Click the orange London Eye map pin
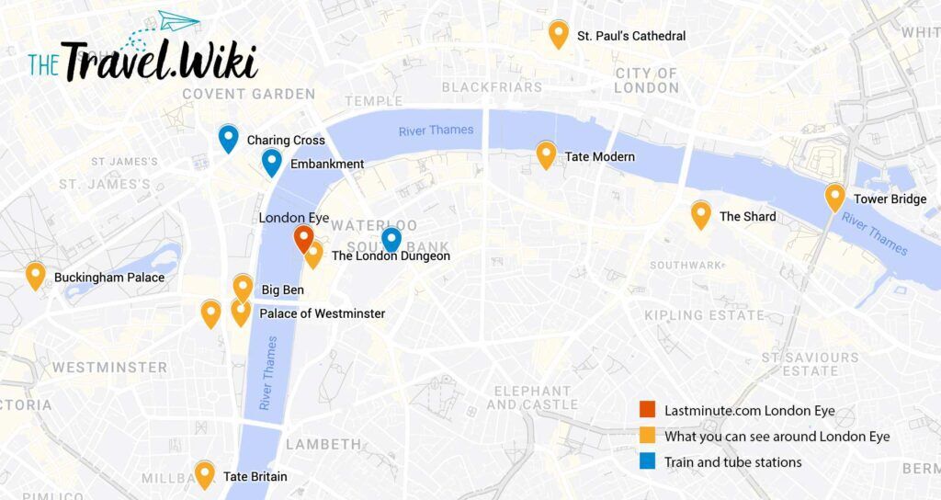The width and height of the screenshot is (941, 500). click(x=303, y=238)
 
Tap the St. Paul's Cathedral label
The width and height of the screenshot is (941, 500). click(x=630, y=36)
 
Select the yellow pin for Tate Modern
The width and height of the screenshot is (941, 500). click(x=546, y=153)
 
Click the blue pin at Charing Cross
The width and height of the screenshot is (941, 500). click(x=228, y=137)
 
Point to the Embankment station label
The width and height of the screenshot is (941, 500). click(x=327, y=165)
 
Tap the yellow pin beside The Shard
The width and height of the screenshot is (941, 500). click(x=700, y=214)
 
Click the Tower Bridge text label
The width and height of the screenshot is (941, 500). click(x=890, y=199)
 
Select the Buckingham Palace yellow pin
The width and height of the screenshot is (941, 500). click(x=35, y=274)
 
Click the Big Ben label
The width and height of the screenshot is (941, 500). click(x=282, y=290)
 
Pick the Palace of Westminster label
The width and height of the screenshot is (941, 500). click(x=322, y=313)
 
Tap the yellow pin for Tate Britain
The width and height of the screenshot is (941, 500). click(x=204, y=473)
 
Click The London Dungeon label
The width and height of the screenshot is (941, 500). click(x=391, y=256)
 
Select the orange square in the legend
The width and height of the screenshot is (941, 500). click(x=648, y=410)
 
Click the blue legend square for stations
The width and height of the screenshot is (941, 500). click(x=648, y=462)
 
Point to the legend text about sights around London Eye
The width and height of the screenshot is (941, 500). click(x=777, y=437)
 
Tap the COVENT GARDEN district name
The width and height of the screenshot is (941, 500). click(x=248, y=94)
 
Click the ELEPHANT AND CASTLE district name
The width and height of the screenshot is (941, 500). click(x=532, y=397)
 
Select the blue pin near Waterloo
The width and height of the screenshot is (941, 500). click(x=391, y=239)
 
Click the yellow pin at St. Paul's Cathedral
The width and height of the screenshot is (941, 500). click(x=558, y=33)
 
